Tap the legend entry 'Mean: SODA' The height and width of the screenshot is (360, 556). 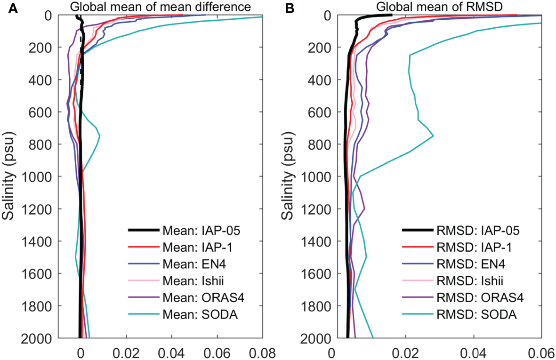click(x=200, y=314)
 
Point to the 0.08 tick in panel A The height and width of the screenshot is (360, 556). click(x=263, y=351)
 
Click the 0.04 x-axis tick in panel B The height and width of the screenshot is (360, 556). click(x=473, y=351)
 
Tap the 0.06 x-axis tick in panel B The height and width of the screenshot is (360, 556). click(x=541, y=351)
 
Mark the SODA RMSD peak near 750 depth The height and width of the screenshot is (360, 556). click(x=433, y=136)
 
